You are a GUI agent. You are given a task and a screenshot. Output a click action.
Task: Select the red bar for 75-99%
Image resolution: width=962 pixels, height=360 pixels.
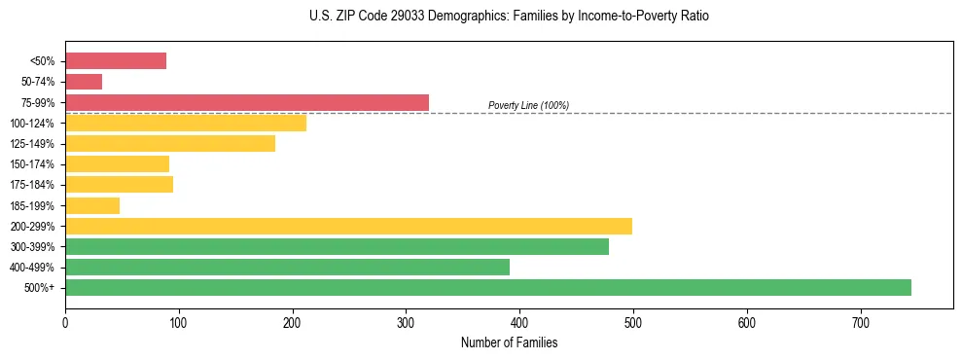[247, 102]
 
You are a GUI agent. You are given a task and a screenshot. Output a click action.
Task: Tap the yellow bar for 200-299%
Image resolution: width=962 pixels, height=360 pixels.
[348, 226]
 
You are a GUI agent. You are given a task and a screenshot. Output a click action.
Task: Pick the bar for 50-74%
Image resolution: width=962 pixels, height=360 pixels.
[84, 82]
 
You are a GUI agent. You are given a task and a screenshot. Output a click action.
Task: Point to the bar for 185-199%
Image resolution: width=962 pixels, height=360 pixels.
[92, 205]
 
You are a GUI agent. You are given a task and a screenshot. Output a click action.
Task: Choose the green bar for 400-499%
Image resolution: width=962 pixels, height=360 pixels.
[287, 267]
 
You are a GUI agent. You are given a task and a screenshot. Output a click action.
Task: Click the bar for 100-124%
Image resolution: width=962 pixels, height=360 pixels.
[186, 123]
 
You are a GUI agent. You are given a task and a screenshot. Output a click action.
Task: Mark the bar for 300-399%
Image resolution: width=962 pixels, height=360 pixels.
[337, 246]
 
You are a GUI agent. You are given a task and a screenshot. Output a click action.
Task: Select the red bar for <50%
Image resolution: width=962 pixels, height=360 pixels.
[116, 60]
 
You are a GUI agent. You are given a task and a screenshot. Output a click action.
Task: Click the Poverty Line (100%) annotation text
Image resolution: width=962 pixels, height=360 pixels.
[528, 105]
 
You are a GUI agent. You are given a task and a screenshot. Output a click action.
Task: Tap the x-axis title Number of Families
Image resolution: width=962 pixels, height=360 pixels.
[509, 342]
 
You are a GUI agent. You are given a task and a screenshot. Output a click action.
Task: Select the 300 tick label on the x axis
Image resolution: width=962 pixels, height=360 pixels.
[406, 322]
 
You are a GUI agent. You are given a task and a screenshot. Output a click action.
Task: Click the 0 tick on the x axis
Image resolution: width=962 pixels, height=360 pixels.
[65, 322]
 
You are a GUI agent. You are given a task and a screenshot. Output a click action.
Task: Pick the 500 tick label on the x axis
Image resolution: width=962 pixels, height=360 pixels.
[633, 322]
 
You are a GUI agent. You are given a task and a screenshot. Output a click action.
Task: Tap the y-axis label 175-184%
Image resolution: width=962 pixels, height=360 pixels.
[34, 185]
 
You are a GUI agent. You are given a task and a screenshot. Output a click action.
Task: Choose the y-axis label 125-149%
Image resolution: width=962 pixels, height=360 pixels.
[34, 144]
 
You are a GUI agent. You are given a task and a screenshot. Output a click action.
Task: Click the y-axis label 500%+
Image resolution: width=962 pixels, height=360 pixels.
[40, 288]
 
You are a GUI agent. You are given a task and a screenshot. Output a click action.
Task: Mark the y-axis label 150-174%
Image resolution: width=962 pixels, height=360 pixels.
[34, 164]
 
